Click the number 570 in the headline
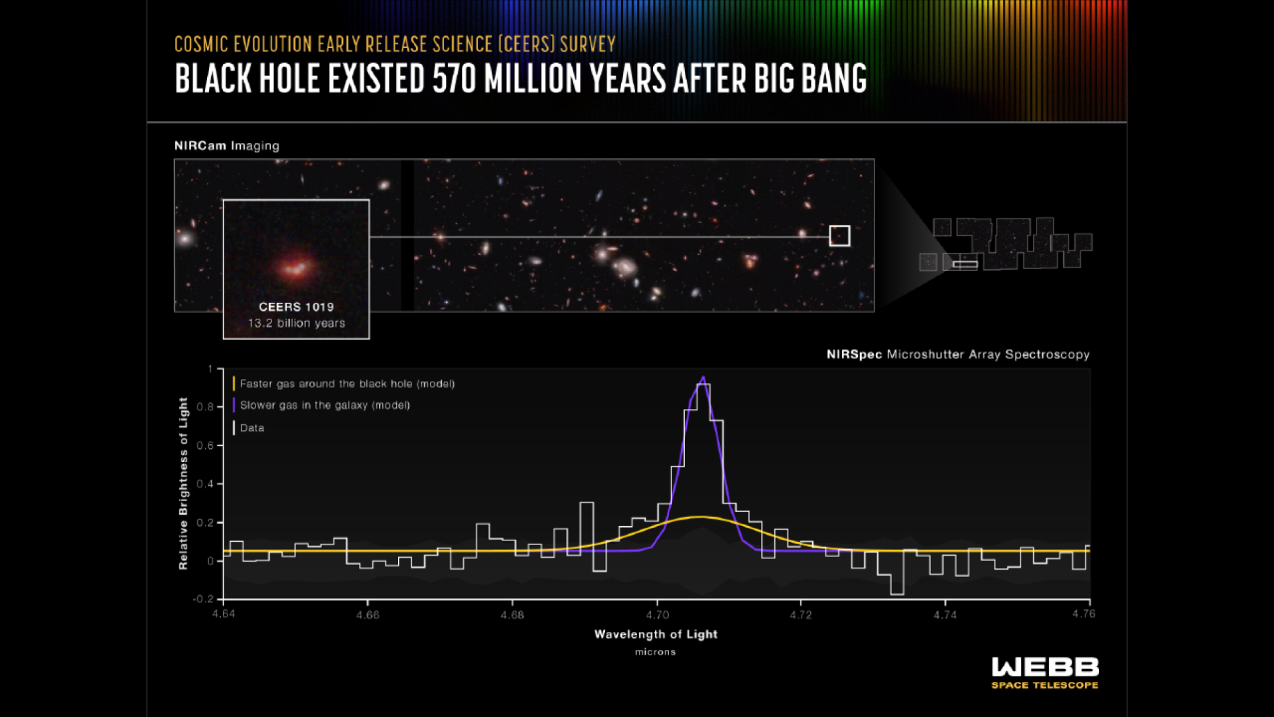[x=455, y=78]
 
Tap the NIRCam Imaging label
[x=227, y=146]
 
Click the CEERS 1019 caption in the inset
[x=296, y=307]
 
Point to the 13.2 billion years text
[x=297, y=323]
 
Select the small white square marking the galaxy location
[x=839, y=236]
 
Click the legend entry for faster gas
[x=344, y=384]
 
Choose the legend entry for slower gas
[x=321, y=405]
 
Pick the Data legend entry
[x=249, y=428]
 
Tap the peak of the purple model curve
[x=703, y=377]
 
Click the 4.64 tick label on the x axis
[x=224, y=614]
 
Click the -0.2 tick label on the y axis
[x=203, y=599]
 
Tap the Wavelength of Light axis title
[x=656, y=635]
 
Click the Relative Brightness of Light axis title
[x=184, y=483]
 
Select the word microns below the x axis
[x=656, y=653]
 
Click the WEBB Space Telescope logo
[x=1045, y=673]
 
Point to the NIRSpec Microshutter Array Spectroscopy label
[x=958, y=355]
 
